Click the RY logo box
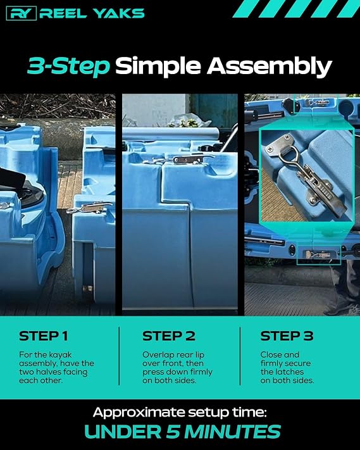pyautogui.click(x=22, y=13)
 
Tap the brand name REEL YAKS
pyautogui.click(x=92, y=13)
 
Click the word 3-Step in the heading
pyautogui.click(x=69, y=66)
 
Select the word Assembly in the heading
pyautogui.click(x=270, y=66)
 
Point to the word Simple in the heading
pyautogui.click(x=158, y=66)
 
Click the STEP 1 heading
pyautogui.click(x=44, y=336)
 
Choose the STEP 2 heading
pyautogui.click(x=169, y=336)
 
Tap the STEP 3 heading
pyautogui.click(x=287, y=336)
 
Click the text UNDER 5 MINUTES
pyautogui.click(x=182, y=432)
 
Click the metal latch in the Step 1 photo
pyautogui.click(x=89, y=207)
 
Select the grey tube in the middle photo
pyautogui.click(x=170, y=134)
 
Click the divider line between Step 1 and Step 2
pyautogui.click(x=119, y=356)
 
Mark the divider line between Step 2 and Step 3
pyautogui.click(x=240, y=356)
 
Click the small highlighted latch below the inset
pyautogui.click(x=318, y=254)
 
